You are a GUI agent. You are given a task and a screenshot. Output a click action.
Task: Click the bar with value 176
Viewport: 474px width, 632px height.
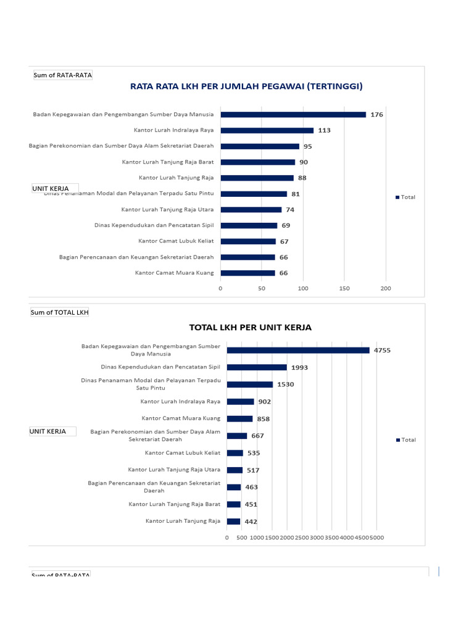(x=293, y=114)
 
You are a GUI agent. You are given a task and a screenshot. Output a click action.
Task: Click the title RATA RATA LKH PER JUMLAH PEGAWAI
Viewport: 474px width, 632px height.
(x=246, y=86)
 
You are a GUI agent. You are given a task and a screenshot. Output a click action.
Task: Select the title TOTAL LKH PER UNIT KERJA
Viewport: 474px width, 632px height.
(x=250, y=327)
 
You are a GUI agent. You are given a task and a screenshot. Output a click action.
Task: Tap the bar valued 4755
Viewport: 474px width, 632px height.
(x=298, y=350)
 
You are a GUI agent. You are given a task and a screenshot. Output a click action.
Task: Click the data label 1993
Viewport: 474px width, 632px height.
(x=299, y=367)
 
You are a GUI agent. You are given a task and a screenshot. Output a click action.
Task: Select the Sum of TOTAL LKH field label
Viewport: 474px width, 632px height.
(x=60, y=312)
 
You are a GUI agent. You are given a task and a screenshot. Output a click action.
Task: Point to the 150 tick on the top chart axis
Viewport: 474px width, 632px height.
(x=344, y=288)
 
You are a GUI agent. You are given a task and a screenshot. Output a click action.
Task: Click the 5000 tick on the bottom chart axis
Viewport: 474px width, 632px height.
(x=376, y=538)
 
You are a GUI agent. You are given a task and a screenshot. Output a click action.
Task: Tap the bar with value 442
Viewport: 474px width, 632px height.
(x=233, y=522)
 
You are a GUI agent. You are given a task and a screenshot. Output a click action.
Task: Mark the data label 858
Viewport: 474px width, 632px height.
(x=264, y=418)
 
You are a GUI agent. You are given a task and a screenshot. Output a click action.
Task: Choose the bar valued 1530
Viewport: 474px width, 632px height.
(x=249, y=384)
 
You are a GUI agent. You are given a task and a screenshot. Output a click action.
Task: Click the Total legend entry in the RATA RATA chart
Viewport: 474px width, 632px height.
(x=405, y=197)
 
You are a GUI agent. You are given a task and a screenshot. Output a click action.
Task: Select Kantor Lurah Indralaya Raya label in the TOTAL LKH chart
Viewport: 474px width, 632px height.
(x=180, y=401)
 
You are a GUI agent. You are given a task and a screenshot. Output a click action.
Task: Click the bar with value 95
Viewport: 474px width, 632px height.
(x=259, y=146)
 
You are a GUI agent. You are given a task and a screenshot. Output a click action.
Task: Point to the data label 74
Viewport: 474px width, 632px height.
(x=290, y=210)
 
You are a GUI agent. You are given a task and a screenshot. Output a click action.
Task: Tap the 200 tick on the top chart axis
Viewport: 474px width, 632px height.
(x=386, y=288)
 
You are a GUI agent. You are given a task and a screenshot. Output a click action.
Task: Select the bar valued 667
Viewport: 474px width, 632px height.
(x=237, y=436)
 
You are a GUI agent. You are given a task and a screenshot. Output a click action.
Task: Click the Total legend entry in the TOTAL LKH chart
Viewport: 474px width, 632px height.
(x=406, y=440)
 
